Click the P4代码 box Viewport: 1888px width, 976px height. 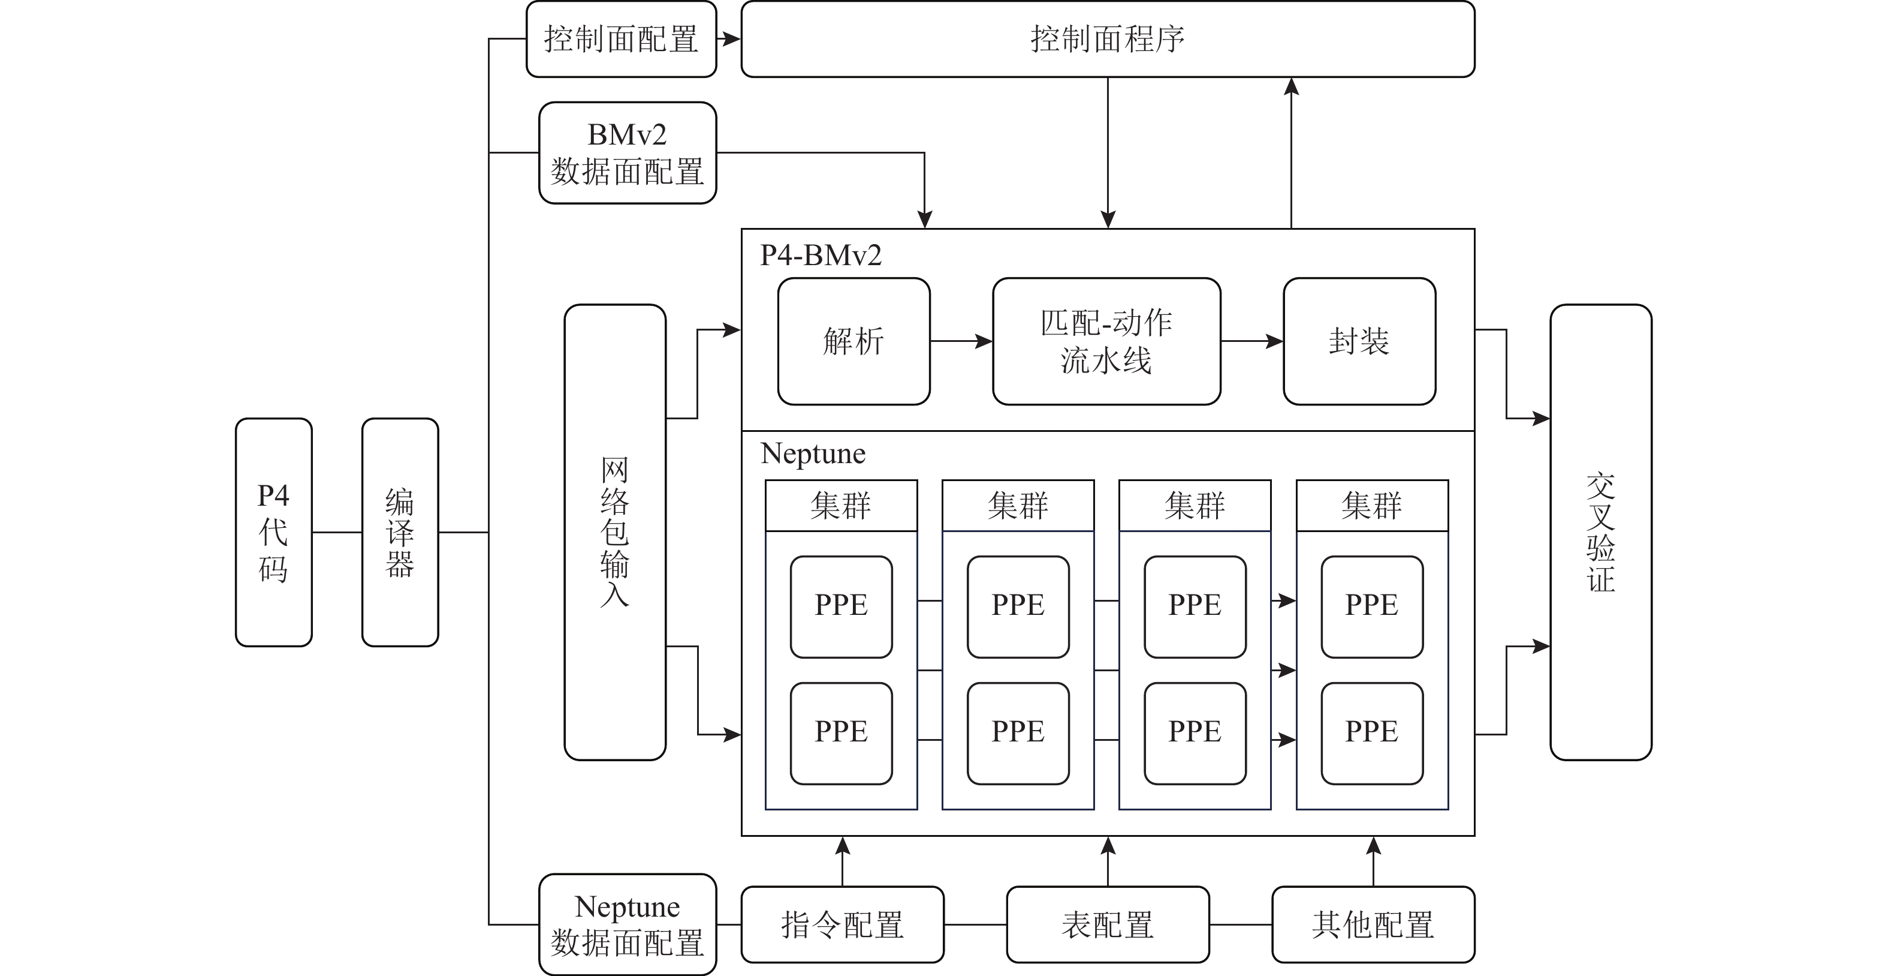[273, 531]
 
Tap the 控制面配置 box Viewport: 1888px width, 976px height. [621, 39]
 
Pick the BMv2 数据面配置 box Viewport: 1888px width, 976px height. [628, 152]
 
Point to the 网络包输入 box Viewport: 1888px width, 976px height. [614, 531]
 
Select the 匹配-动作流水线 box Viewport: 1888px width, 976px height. [1106, 341]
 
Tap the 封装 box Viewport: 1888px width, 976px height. [1359, 341]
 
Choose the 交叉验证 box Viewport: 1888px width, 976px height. [1601, 531]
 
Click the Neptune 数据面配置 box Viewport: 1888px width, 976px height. [628, 924]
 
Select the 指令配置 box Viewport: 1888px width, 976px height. [842, 924]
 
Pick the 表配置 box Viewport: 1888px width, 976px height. [1108, 924]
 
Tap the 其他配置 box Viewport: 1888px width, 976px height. [1373, 924]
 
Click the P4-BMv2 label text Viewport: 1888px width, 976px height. [820, 255]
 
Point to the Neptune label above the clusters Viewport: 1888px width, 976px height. [813, 453]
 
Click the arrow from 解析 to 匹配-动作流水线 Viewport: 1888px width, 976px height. [961, 341]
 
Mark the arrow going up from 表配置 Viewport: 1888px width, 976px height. [1108, 861]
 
